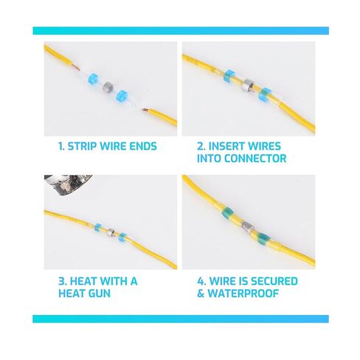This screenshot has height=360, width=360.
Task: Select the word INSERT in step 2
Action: coord(226,146)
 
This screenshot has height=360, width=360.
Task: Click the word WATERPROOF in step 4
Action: coord(243,294)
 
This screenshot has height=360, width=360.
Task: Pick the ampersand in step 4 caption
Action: coord(201,294)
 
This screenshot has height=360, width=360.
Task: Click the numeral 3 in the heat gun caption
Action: coord(61,281)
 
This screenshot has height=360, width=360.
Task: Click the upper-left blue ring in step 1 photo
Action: coord(93,78)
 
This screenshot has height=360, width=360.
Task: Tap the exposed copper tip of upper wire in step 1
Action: coord(76,66)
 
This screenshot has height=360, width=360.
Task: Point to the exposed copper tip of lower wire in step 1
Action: coord(145,110)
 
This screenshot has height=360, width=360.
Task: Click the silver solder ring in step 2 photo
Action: coord(247,86)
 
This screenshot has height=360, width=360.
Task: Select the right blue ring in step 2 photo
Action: coord(264,94)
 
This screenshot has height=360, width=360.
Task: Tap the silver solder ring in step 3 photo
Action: coord(111,232)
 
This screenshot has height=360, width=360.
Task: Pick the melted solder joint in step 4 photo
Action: coord(246,227)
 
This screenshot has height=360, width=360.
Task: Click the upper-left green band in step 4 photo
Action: coord(227,212)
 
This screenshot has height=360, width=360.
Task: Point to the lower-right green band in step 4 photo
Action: coord(263,238)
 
